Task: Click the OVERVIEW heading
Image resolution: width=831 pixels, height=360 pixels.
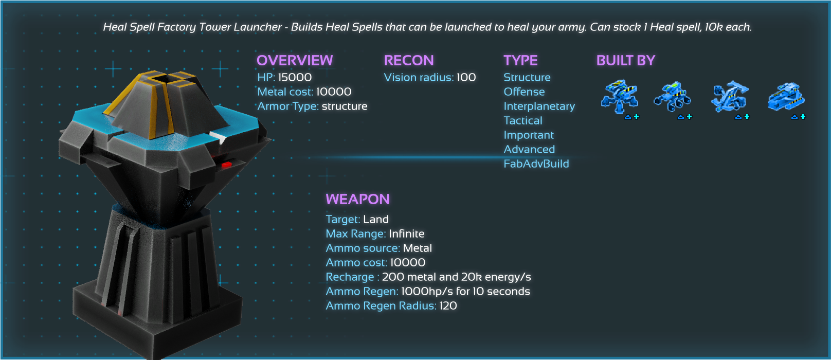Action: (295, 61)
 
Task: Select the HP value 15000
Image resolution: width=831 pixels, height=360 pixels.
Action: (295, 78)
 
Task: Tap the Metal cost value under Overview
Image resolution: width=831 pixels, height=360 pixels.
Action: (334, 92)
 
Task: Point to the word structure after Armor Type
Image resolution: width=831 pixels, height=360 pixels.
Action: (345, 106)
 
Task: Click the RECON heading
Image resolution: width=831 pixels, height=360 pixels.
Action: (409, 61)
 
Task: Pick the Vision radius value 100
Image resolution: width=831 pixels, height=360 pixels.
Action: (466, 78)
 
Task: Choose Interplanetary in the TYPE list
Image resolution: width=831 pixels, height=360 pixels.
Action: (539, 106)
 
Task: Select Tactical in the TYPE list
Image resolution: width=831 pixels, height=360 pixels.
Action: (523, 121)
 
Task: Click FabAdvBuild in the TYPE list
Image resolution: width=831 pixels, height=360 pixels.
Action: (536, 164)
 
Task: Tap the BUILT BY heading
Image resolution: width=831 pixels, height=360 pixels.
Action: (626, 61)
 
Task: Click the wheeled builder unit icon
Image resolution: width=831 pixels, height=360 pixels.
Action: (672, 97)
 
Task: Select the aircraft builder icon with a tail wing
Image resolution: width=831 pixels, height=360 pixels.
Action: (729, 96)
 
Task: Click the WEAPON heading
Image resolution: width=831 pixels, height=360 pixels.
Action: (357, 200)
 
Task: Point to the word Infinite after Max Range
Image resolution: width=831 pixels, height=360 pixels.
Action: (407, 234)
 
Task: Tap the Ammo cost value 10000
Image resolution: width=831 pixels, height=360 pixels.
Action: (408, 263)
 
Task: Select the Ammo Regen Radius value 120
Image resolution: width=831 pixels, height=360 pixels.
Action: (448, 306)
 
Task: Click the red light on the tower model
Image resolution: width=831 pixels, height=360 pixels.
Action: (226, 165)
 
